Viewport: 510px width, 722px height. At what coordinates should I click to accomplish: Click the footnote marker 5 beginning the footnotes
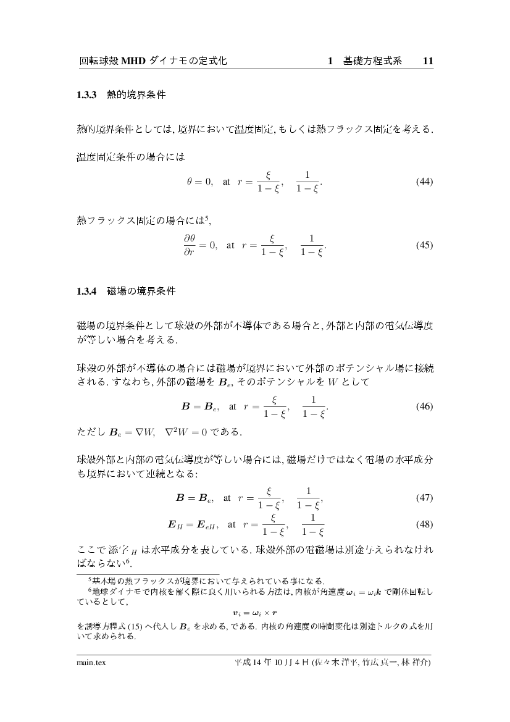[x=90, y=578]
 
